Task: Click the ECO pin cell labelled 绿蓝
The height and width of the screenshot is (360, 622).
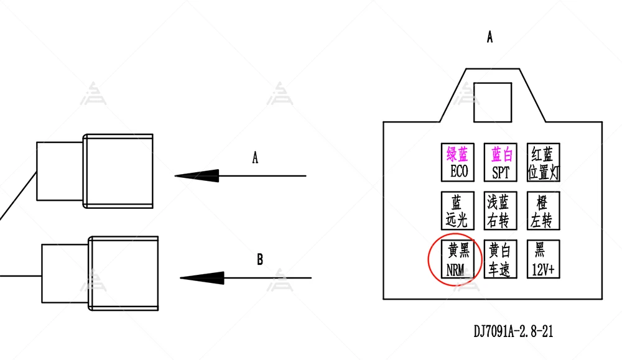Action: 458,162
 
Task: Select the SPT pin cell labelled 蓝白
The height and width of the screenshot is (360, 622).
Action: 501,162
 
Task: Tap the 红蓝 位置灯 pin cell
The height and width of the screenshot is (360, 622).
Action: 543,162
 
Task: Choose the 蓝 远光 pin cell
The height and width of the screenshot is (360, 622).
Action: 458,210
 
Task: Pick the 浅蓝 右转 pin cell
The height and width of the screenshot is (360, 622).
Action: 501,210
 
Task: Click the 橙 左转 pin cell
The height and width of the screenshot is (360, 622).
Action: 543,210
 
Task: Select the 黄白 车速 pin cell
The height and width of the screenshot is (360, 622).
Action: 501,259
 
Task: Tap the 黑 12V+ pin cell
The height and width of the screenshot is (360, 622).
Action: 543,259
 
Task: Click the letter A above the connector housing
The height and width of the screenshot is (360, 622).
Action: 490,37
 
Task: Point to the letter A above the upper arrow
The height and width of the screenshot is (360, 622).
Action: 255,158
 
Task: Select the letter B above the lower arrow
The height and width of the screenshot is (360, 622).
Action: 260,260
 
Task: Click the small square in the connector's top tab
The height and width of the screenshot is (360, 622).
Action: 493,103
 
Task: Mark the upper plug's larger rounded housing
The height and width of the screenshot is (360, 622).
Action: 118,170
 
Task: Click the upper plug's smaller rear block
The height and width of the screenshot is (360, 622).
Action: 60,171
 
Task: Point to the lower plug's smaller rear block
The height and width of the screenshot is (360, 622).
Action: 65,273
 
